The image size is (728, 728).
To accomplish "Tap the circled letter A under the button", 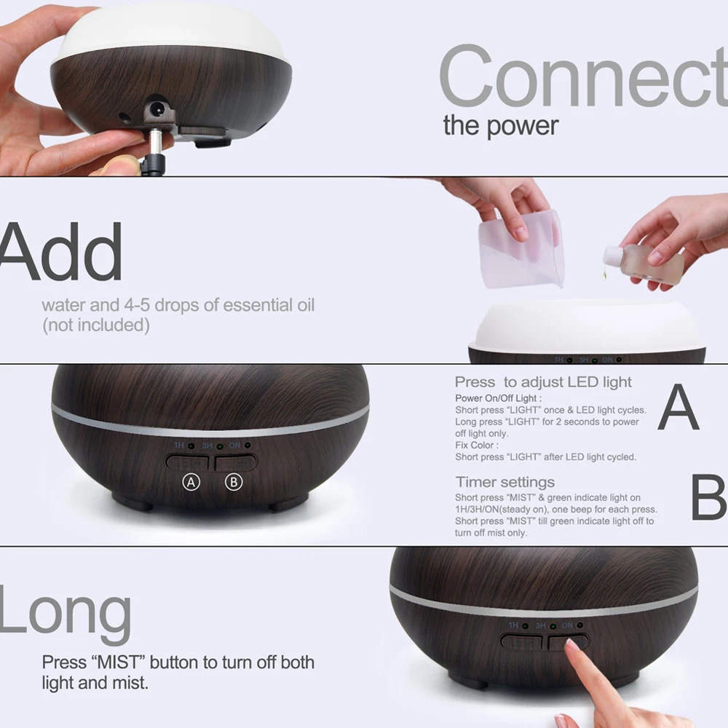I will tap(191, 482).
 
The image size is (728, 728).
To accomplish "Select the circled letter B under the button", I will tap(233, 482).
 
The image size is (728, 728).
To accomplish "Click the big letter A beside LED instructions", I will tap(678, 408).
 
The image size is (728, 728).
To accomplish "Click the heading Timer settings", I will tap(505, 482).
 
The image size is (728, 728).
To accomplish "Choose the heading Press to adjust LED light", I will tap(543, 382).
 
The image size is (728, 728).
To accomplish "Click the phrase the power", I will tap(500, 125).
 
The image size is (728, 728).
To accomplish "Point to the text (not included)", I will tap(95, 325).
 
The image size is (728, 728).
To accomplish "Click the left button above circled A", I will tap(187, 462).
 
